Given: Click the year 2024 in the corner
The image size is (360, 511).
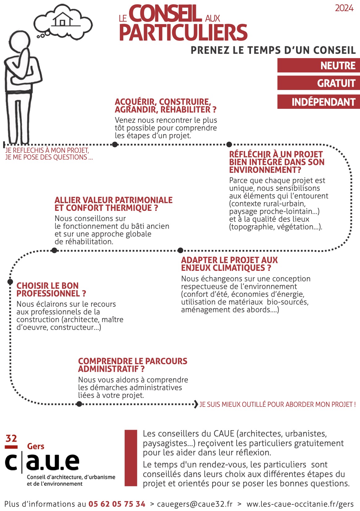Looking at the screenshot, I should [344, 8].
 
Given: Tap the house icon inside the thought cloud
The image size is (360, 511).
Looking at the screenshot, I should [63, 19].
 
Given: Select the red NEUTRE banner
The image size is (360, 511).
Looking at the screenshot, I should [319, 66].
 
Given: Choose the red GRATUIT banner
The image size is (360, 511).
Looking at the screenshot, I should [319, 83].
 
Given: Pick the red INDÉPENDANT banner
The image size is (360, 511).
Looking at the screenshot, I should [319, 102].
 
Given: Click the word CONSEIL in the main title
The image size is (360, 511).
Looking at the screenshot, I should [165, 14].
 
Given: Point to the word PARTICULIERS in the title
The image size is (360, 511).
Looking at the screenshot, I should [183, 32].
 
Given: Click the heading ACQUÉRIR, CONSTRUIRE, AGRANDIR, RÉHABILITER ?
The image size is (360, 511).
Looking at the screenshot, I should [165, 106].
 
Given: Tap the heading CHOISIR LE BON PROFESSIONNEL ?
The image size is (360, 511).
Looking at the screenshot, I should [51, 289].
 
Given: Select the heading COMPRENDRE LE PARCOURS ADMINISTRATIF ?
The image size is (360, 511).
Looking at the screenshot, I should [133, 365].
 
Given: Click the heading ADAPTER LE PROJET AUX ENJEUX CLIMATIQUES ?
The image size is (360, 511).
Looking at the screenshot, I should [229, 264].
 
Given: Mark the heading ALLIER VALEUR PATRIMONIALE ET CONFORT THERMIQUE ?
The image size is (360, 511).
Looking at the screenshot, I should [113, 204].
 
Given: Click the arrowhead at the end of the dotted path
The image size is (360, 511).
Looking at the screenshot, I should [196, 404].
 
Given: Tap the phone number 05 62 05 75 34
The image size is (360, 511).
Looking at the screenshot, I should [117, 504].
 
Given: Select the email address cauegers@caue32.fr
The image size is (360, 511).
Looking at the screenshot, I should [195, 504].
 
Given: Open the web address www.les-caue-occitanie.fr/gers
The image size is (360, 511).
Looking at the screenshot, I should [300, 504].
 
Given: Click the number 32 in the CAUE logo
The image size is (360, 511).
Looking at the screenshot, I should [11, 438].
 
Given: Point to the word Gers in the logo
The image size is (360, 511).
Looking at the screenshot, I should [36, 446].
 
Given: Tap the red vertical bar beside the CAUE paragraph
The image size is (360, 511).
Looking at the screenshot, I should [131, 458].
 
